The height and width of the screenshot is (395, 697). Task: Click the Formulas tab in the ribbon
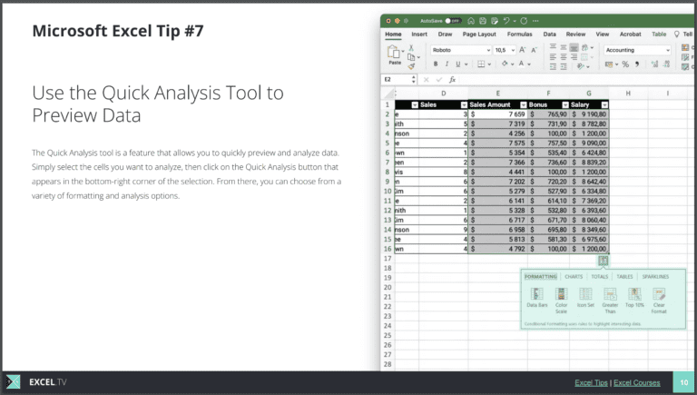coord(519,35)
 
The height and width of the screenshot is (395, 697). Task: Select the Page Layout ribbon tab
coord(479,35)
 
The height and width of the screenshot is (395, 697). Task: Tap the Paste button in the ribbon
coord(395,56)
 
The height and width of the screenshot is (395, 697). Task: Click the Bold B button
coord(436,64)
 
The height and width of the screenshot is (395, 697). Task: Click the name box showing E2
coord(399,80)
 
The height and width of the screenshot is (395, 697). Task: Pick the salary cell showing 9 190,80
coord(588,114)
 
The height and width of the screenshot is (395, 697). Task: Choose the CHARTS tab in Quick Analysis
coord(574,276)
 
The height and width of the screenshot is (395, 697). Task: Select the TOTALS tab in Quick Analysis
coord(600,276)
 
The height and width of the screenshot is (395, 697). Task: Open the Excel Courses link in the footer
coord(637,383)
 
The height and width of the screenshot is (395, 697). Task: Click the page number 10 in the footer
coord(683,383)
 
